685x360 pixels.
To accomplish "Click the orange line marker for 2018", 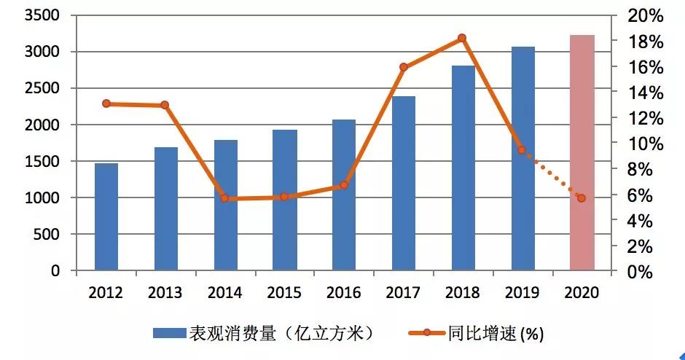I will [462, 38].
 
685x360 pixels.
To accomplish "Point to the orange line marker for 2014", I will [224, 198].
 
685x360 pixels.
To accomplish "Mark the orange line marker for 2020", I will [581, 198].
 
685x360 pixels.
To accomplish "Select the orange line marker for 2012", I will [106, 103].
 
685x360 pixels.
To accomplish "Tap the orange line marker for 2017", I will [404, 67].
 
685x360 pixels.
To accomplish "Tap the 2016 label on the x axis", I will [343, 293].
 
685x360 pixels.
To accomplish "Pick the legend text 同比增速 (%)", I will [501, 334].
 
